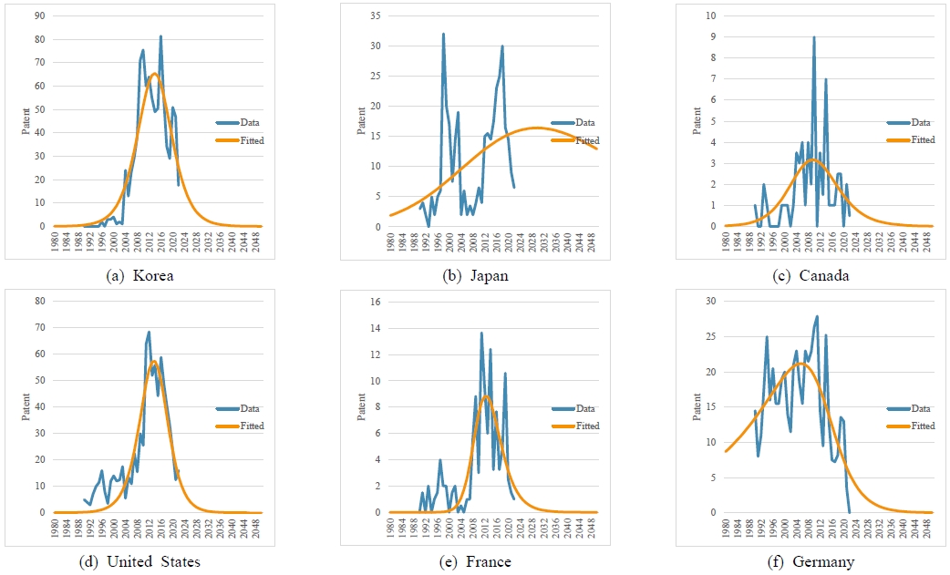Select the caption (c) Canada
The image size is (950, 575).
pos(814,274)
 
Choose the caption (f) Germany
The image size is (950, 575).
pos(814,561)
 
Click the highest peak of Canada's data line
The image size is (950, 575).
pos(814,37)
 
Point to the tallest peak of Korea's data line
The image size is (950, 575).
pos(160,36)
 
